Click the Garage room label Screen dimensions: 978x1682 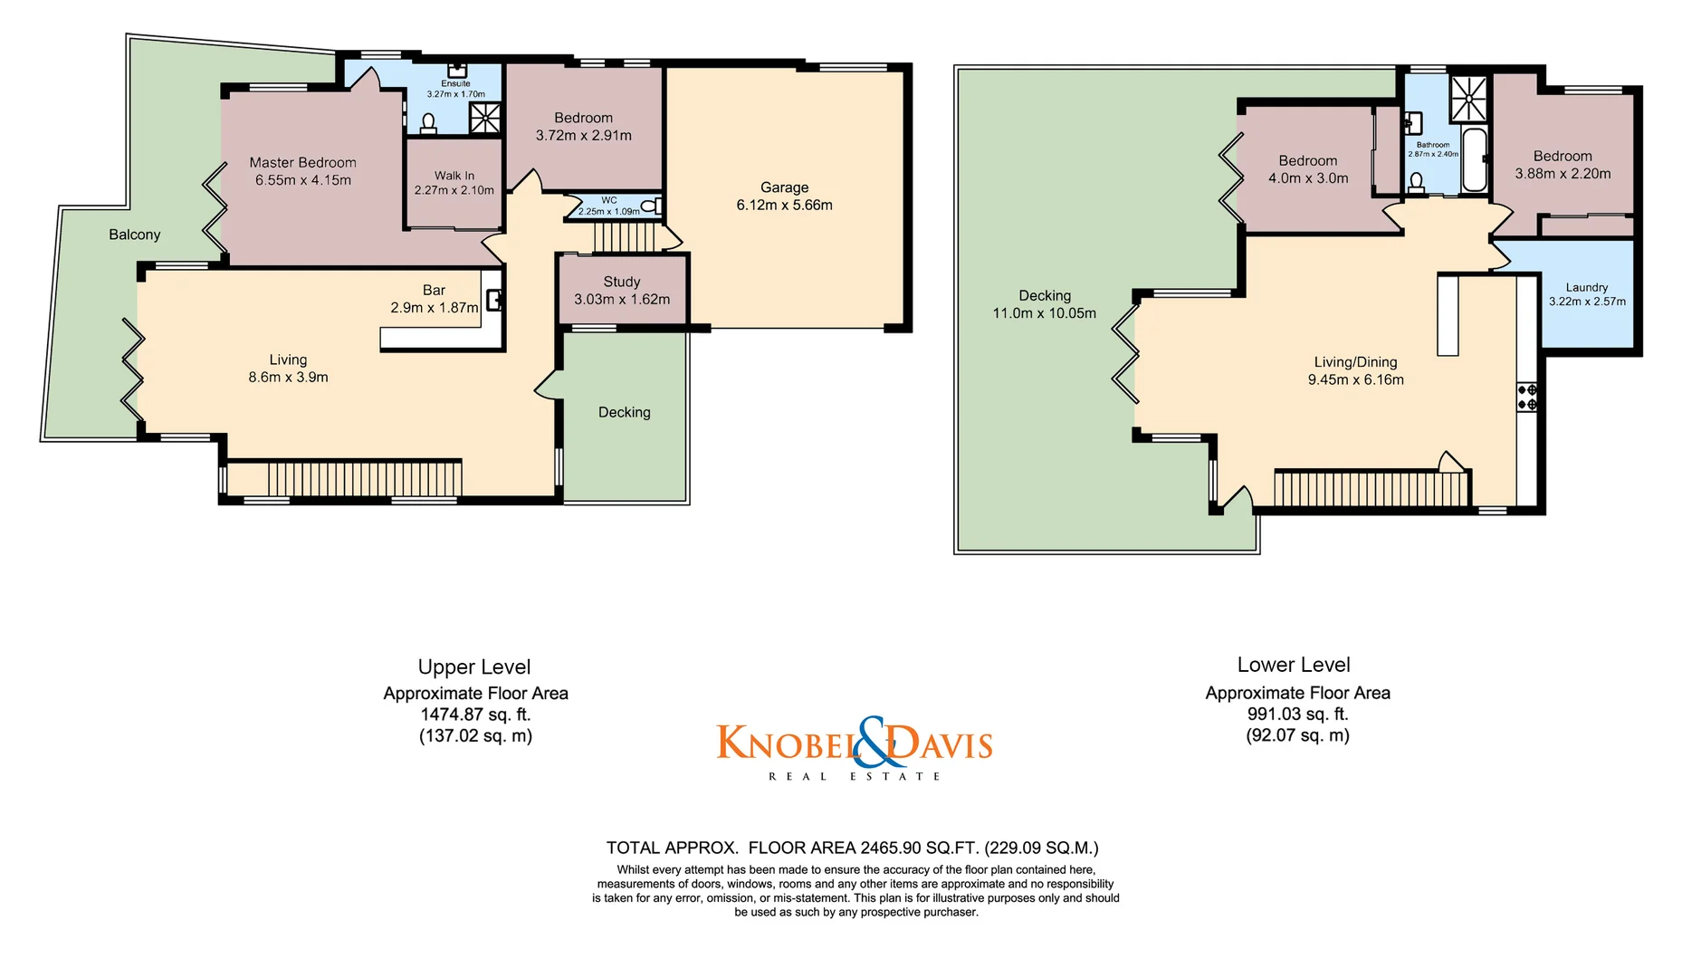(784, 187)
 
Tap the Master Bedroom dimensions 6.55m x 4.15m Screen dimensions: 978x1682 (302, 180)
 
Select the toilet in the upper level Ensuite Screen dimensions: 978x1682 (429, 123)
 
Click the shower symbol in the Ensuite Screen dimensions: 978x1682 (484, 118)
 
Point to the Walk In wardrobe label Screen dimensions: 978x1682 (454, 176)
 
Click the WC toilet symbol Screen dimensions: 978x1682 (651, 206)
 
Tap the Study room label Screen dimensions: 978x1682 (621, 282)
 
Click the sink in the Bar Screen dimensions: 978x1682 (494, 300)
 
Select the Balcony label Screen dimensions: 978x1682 (134, 235)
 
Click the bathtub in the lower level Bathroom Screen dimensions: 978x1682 (1475, 160)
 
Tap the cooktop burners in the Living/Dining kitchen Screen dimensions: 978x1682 (1526, 397)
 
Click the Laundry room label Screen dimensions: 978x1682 (1586, 287)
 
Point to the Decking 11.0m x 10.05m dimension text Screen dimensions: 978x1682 (1044, 313)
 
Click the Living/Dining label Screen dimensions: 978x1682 (1355, 361)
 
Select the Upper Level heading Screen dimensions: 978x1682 (474, 667)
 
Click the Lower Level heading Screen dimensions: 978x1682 (1293, 665)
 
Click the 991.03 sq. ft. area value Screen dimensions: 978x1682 (1297, 714)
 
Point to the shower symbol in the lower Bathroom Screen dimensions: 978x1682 (1467, 99)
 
